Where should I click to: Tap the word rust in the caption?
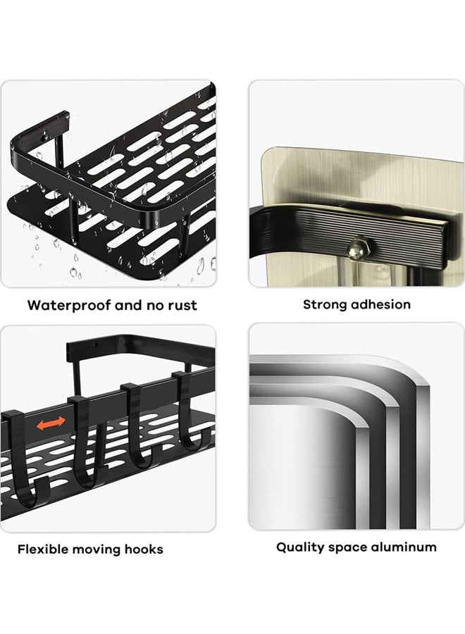[x=182, y=305]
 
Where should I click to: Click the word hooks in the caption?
[x=144, y=549]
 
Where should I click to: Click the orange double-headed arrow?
[x=51, y=423]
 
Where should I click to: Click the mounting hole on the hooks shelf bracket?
[x=96, y=345]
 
